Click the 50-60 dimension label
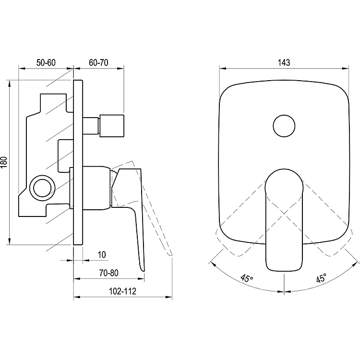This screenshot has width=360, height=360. click(x=46, y=62)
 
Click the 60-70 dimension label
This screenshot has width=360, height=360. click(x=98, y=62)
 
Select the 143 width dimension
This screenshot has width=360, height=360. click(x=284, y=62)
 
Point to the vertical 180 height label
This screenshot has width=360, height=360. click(x=4, y=162)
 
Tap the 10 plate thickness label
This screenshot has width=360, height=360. click(x=102, y=254)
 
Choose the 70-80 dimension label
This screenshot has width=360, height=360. click(x=109, y=273)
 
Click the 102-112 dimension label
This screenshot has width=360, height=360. click(x=122, y=291)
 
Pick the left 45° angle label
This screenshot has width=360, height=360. click(x=247, y=277)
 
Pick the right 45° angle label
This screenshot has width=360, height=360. click(x=321, y=277)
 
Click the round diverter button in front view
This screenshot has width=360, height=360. click(x=284, y=126)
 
